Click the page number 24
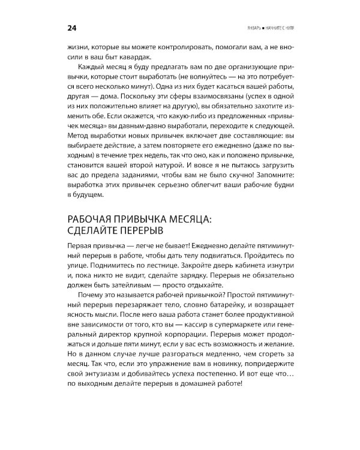pyautogui.click(x=70, y=29)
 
